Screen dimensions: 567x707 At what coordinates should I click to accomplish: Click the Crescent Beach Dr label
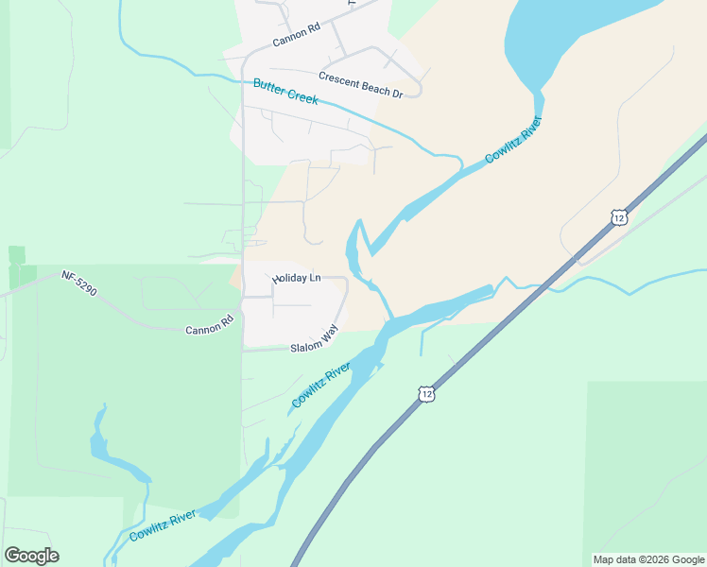(360, 85)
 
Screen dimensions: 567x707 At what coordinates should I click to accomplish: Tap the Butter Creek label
(285, 92)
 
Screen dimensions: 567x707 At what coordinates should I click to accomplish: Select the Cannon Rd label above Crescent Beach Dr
(296, 35)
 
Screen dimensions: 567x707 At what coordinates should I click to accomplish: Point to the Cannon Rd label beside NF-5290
(209, 327)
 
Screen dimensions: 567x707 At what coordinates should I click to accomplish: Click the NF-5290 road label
(81, 282)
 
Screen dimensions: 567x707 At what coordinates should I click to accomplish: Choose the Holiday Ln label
(297, 279)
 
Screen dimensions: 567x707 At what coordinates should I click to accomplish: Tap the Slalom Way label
(315, 341)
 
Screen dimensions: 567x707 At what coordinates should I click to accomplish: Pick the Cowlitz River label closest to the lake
(513, 140)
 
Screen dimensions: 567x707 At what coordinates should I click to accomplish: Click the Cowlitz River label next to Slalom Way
(320, 386)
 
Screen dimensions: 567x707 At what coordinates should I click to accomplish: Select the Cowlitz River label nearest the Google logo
(164, 525)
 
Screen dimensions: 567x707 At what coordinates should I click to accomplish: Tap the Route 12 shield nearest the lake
(617, 217)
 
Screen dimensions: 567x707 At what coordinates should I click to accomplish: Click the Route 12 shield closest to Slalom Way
(427, 393)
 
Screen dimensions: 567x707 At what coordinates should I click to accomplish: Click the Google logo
(31, 555)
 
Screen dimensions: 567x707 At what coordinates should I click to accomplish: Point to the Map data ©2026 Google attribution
(648, 559)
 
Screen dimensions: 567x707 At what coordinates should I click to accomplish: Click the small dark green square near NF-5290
(17, 255)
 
